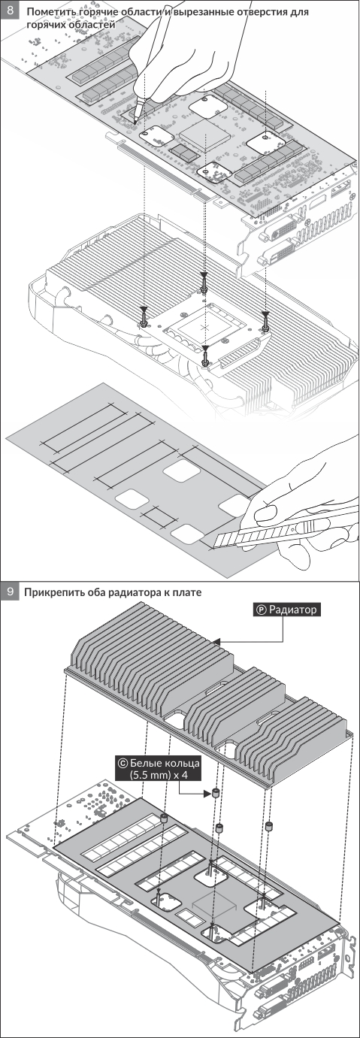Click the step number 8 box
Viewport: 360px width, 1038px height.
click(10, 10)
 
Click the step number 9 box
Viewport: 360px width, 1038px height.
click(10, 592)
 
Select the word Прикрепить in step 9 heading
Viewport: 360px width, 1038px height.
click(53, 592)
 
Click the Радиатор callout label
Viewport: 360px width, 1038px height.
click(287, 610)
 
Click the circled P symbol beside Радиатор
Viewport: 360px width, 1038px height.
click(262, 610)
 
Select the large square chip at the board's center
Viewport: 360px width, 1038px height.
click(204, 135)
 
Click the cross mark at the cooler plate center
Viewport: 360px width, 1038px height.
click(206, 327)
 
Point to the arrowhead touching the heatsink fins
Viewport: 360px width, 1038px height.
click(217, 642)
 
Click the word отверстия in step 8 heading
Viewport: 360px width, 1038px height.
click(262, 11)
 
